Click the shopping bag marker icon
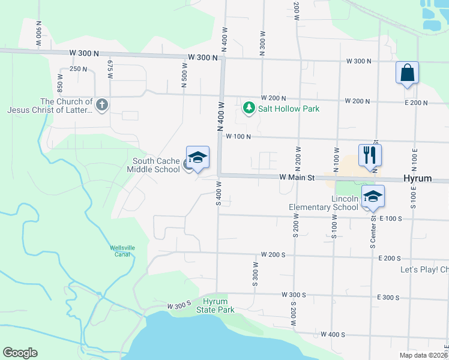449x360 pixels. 407,73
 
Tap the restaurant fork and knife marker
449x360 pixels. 370,155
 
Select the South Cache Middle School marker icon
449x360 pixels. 197,158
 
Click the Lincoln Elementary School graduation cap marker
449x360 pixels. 373,196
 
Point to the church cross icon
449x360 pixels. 102,106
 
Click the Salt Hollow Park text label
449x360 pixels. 288,109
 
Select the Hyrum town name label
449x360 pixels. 418,179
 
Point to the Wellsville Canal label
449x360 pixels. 125,251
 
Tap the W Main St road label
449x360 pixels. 297,178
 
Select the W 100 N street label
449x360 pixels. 238,137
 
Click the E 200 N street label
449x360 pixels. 416,103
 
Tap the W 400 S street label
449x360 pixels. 333,334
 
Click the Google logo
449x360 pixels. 20,353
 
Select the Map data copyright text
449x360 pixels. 423,355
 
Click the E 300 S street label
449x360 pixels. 388,298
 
